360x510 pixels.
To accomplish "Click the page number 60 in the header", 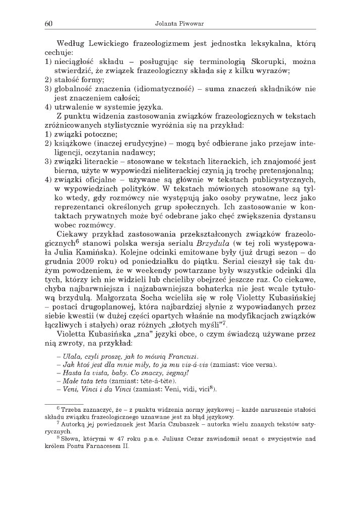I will pyautogui.click(x=48, y=24).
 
